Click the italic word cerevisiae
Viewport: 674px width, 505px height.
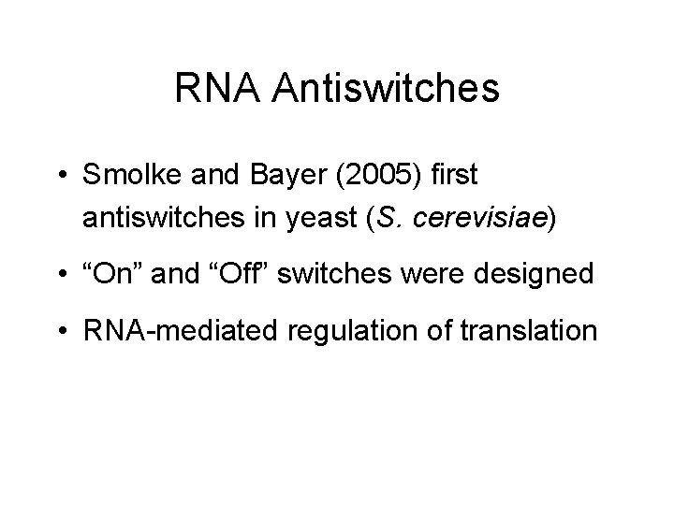pos(481,219)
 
